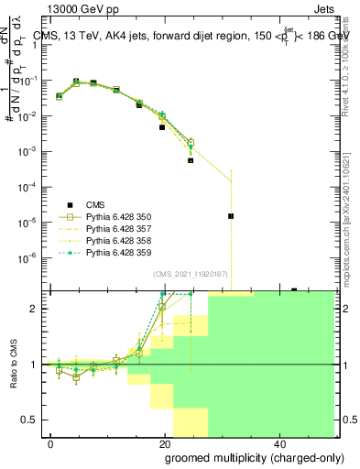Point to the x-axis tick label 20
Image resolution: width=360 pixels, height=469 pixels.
pos(166,442)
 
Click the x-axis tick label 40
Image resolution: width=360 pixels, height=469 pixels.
pos(280,442)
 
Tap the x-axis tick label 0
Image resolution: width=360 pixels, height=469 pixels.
pos(51,442)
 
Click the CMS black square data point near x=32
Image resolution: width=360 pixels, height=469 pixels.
pos(231,216)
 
